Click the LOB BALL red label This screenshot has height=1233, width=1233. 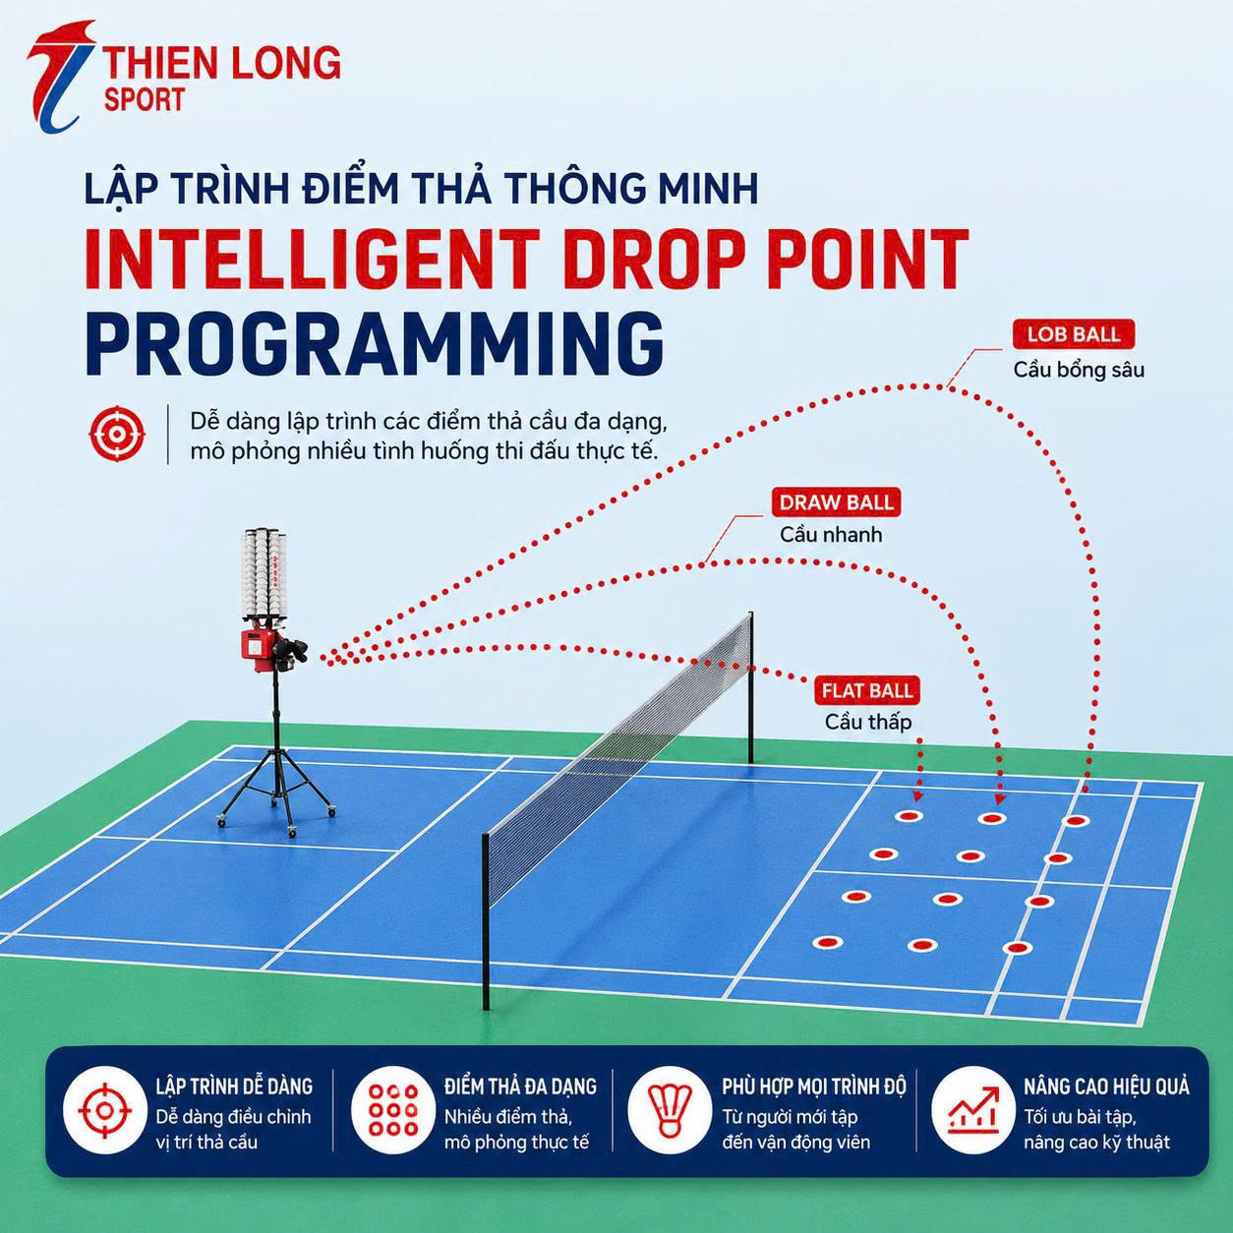point(1074,334)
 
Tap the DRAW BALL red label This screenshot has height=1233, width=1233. point(836,502)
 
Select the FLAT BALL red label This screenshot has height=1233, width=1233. point(867,691)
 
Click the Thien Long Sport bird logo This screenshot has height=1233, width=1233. point(61,77)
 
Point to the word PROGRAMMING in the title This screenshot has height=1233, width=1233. point(375,344)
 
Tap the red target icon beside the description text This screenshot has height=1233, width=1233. point(116,434)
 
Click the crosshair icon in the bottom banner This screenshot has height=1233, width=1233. point(105,1110)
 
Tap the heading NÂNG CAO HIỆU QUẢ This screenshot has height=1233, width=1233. point(1106,1086)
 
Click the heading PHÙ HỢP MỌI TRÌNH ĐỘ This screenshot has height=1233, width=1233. point(814,1086)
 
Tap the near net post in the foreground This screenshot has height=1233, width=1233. point(487,921)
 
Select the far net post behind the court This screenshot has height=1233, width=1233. point(751,688)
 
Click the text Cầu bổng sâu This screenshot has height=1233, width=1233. point(1079,371)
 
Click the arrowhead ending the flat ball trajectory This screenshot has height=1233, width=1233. point(918,796)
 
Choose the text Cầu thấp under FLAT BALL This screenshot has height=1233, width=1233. point(867,723)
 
